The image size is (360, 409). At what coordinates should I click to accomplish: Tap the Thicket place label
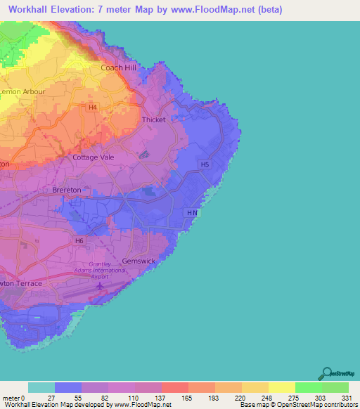coord(154,119)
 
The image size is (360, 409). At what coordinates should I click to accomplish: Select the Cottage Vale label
coord(93,157)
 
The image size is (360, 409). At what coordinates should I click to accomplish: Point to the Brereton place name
coord(67,190)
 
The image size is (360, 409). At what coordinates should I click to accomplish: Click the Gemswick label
coord(137,260)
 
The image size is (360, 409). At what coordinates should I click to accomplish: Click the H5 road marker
coord(205,164)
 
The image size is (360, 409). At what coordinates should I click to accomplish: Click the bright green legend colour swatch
coord(308,387)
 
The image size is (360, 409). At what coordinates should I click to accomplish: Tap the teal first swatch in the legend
coord(41,387)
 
